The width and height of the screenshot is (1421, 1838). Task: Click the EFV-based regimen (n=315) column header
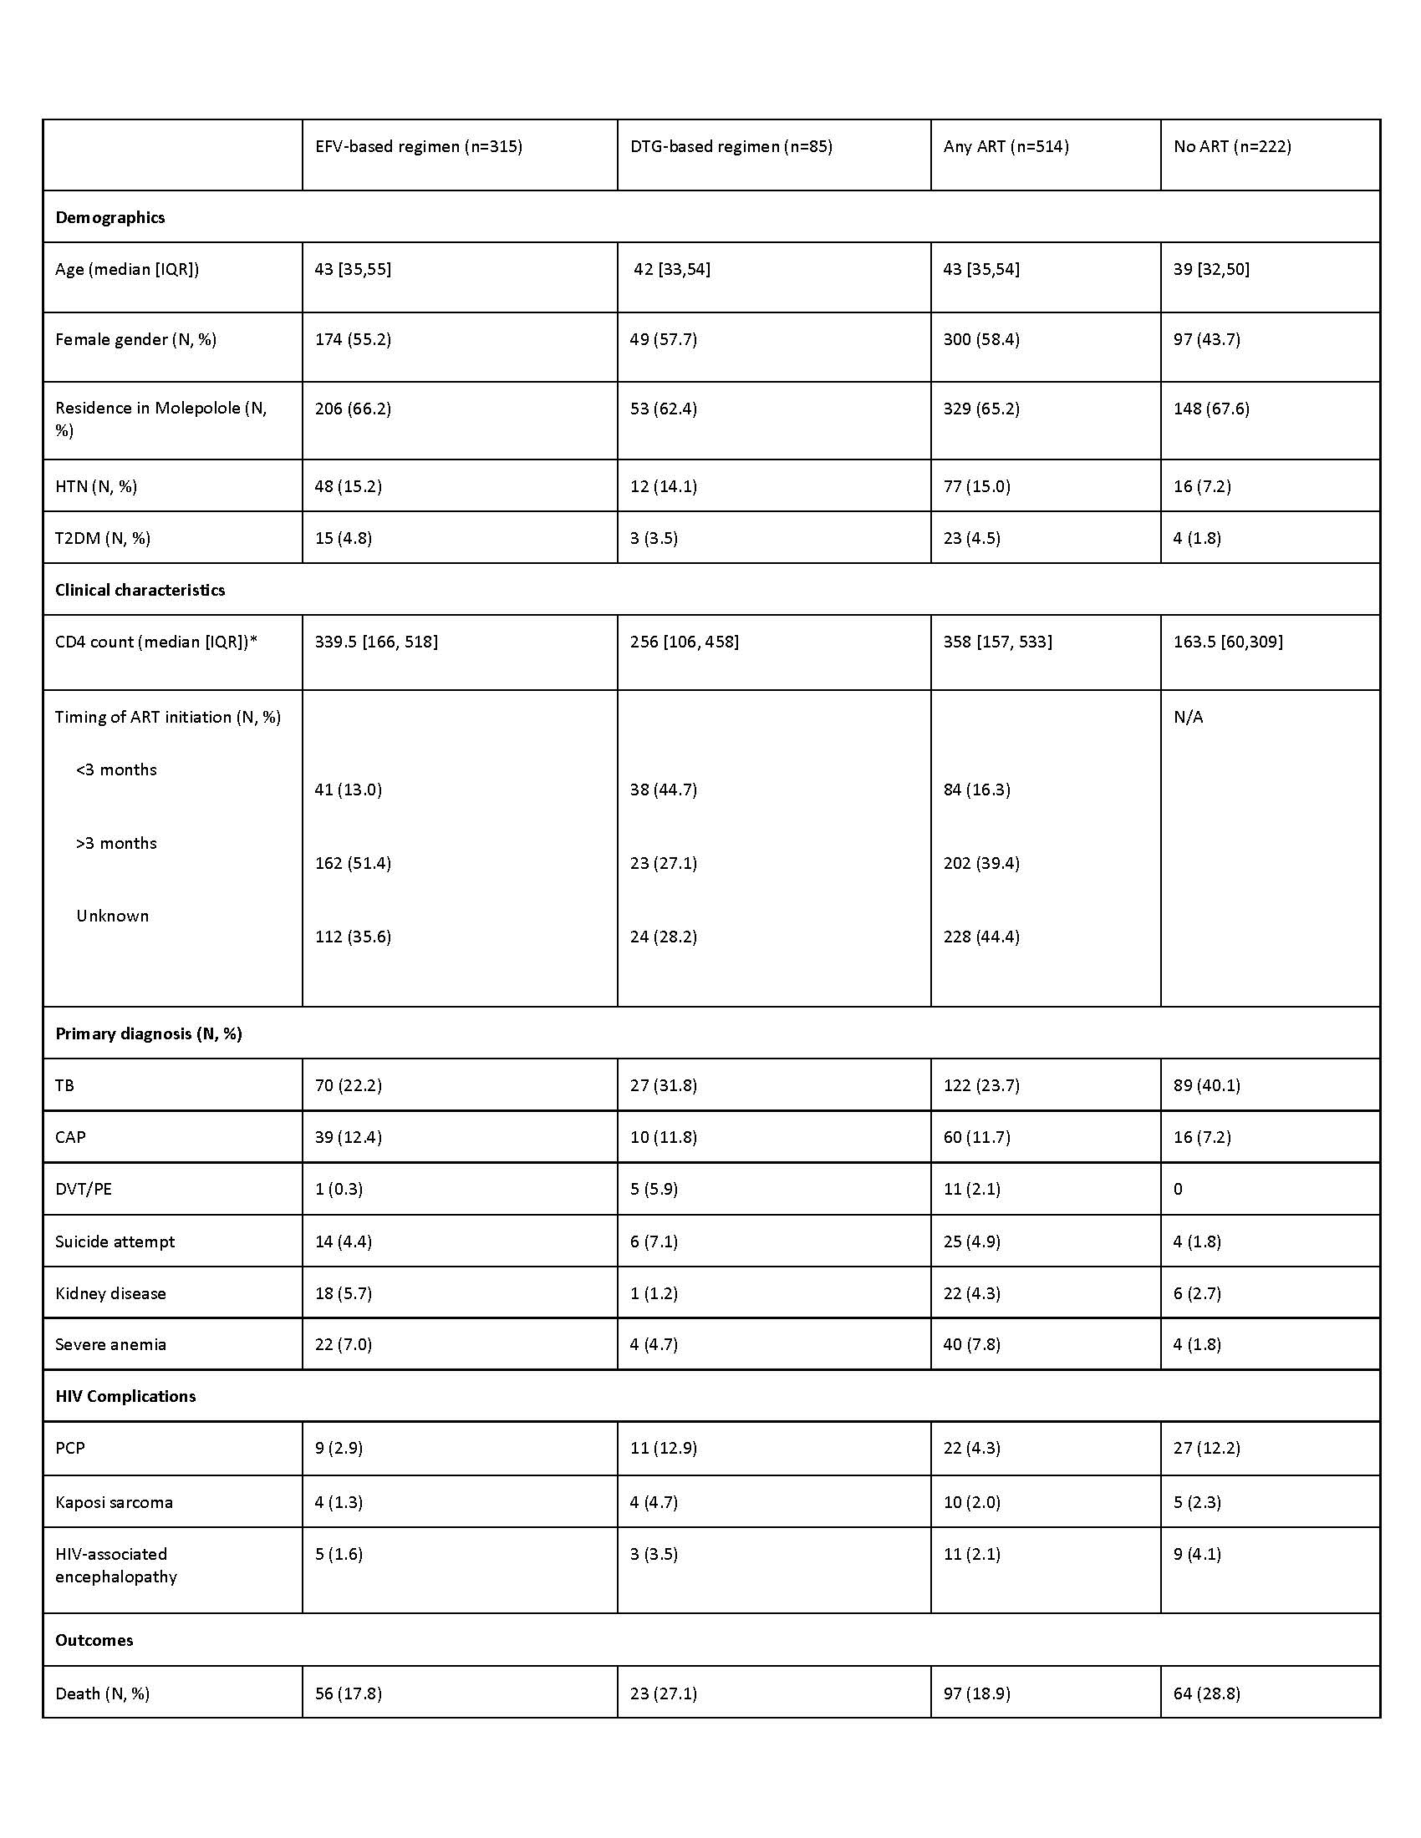click(419, 146)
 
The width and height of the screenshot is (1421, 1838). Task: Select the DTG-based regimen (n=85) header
click(731, 146)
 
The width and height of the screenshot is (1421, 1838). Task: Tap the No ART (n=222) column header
click(1231, 146)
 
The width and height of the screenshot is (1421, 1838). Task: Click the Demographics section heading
click(110, 217)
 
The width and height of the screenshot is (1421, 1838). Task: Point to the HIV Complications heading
click(125, 1396)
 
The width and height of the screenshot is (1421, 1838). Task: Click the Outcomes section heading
click(94, 1640)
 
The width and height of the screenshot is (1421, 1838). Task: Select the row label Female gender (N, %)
click(135, 339)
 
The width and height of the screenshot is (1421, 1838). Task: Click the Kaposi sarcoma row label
click(114, 1502)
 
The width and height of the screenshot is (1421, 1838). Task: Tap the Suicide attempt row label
click(115, 1241)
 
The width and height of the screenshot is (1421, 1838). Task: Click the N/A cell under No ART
click(1188, 717)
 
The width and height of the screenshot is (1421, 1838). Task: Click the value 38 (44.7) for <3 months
click(664, 790)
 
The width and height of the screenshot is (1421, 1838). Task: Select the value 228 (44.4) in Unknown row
click(981, 937)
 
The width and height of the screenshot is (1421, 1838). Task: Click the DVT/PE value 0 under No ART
click(1178, 1189)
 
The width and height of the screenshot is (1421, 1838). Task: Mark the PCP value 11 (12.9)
click(664, 1449)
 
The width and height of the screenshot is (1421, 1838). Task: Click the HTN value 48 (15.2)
click(349, 486)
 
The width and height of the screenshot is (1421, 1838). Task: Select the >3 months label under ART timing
click(116, 843)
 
